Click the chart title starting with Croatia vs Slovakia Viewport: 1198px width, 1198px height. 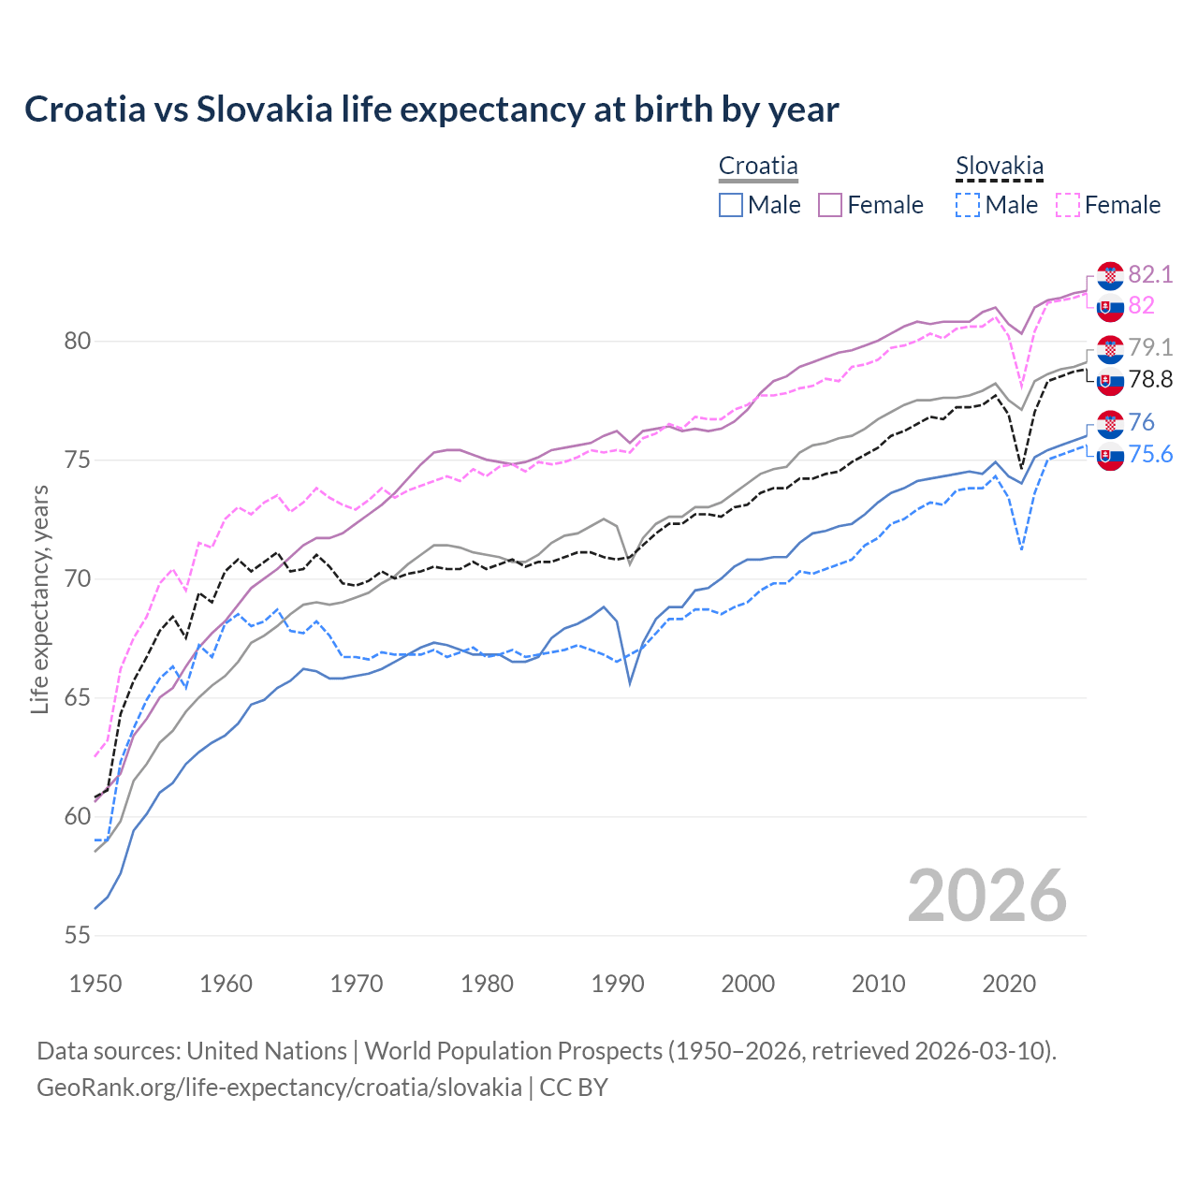click(431, 110)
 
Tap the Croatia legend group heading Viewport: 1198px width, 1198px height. click(758, 167)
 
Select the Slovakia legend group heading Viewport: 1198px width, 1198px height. click(999, 167)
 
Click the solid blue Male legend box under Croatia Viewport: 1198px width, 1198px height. click(731, 205)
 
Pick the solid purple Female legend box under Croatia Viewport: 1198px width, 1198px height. click(830, 205)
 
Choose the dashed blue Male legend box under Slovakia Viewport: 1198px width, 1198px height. click(968, 205)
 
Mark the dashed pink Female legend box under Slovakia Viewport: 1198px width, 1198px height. click(1068, 205)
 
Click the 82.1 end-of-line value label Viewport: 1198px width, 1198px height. click(1150, 274)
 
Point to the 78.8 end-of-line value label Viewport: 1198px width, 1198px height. click(1150, 379)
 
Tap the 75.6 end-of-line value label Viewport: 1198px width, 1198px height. click(1150, 454)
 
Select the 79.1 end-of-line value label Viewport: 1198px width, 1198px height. click(1150, 347)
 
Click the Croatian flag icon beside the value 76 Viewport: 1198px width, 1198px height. click(1110, 423)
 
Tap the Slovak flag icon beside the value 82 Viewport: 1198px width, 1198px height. click(1110, 307)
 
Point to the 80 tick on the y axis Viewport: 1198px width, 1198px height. click(77, 341)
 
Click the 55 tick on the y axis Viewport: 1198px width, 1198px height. click(77, 935)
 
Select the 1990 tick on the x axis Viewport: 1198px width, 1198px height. click(618, 984)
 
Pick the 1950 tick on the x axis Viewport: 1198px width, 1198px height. click(95, 984)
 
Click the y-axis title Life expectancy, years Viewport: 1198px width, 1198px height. click(40, 599)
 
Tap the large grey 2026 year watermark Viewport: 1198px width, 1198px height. click(986, 896)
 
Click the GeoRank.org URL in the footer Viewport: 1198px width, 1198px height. click(279, 1088)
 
